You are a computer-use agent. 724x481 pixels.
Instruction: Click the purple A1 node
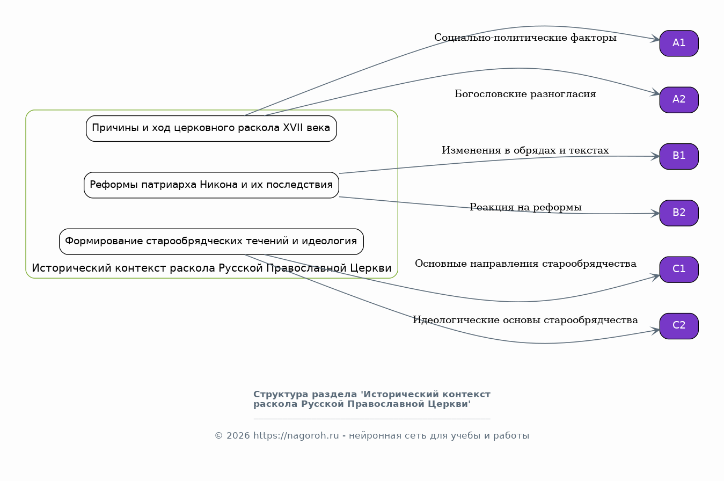point(679,43)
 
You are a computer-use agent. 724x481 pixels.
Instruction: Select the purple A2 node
point(679,100)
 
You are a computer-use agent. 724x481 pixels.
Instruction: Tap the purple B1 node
point(679,156)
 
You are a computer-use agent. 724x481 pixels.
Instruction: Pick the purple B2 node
point(679,213)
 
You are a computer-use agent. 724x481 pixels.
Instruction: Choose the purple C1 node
point(679,269)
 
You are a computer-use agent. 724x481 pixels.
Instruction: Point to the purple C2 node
point(679,326)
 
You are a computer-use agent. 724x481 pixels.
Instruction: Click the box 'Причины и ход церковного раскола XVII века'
point(211,129)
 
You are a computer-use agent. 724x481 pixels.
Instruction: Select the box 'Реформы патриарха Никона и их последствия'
point(211,185)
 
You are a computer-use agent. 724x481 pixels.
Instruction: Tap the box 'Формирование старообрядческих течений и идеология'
point(211,242)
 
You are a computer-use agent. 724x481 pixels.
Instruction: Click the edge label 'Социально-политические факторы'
point(525,38)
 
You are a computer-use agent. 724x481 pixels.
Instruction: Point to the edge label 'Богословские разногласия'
point(525,94)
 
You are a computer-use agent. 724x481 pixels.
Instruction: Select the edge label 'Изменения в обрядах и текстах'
point(525,150)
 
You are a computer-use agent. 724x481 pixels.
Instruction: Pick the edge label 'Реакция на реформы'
point(525,207)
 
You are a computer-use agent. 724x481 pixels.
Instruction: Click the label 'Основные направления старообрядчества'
point(525,264)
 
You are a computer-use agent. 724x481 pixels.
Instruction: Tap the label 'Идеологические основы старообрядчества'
point(525,320)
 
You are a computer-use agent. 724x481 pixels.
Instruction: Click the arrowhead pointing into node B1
point(655,156)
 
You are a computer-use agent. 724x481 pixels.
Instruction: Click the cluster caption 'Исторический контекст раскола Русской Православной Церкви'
point(211,268)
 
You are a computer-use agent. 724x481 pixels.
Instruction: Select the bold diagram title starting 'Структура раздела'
point(372,399)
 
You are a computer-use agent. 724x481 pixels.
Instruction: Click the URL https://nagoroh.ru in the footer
point(296,436)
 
